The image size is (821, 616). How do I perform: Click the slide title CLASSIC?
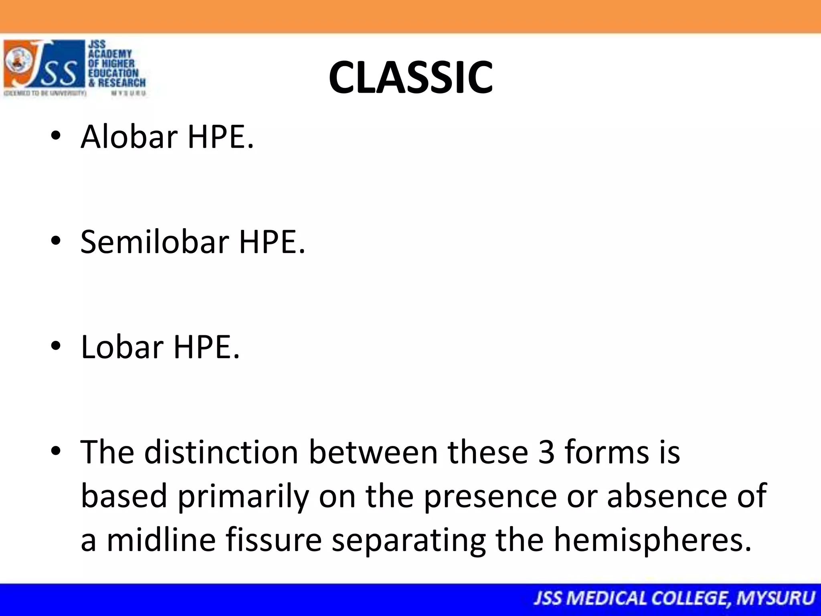click(x=410, y=77)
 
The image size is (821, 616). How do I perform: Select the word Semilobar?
click(x=155, y=242)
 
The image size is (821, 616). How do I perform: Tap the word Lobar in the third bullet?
click(x=122, y=347)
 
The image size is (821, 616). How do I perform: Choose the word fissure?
click(x=273, y=539)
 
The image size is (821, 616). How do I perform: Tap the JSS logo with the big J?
click(x=44, y=64)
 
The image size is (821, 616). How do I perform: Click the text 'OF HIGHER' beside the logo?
click(x=112, y=63)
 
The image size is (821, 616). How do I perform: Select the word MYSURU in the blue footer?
click(x=776, y=598)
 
